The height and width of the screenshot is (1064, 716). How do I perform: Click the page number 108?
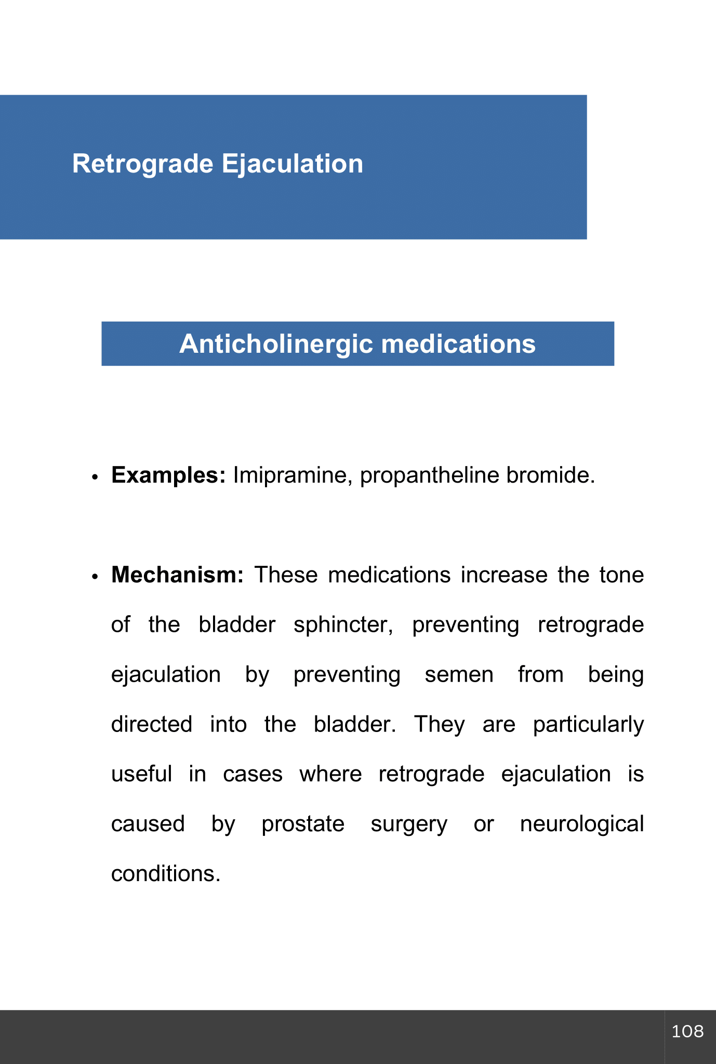coord(687,1031)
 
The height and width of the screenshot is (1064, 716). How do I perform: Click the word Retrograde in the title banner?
coord(142,164)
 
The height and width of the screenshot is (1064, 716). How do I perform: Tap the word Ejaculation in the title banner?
coord(292,164)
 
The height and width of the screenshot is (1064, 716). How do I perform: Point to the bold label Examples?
coord(168,475)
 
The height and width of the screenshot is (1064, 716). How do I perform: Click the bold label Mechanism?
coord(177,575)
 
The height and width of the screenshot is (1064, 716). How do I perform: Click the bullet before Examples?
coord(94,477)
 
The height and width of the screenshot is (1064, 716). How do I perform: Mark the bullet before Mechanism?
coord(94,577)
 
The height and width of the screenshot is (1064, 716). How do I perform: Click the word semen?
coord(459,675)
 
